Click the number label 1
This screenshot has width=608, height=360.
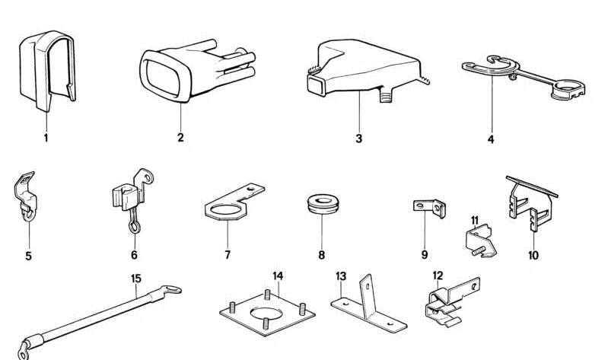(46, 139)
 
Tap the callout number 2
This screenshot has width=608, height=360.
(180, 139)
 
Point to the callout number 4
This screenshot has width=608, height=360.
(491, 140)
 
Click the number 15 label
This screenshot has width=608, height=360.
(135, 279)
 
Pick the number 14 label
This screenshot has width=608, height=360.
(278, 275)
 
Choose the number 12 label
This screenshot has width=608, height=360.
(438, 275)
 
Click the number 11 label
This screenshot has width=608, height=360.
(473, 221)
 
